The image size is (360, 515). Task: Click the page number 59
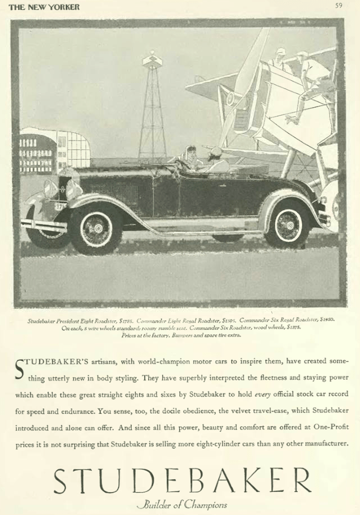[x=339, y=6]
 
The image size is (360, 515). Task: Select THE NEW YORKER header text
[x=44, y=7]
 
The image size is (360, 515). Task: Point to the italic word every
[x=263, y=394]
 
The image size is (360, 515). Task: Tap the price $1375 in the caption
[x=290, y=328]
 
